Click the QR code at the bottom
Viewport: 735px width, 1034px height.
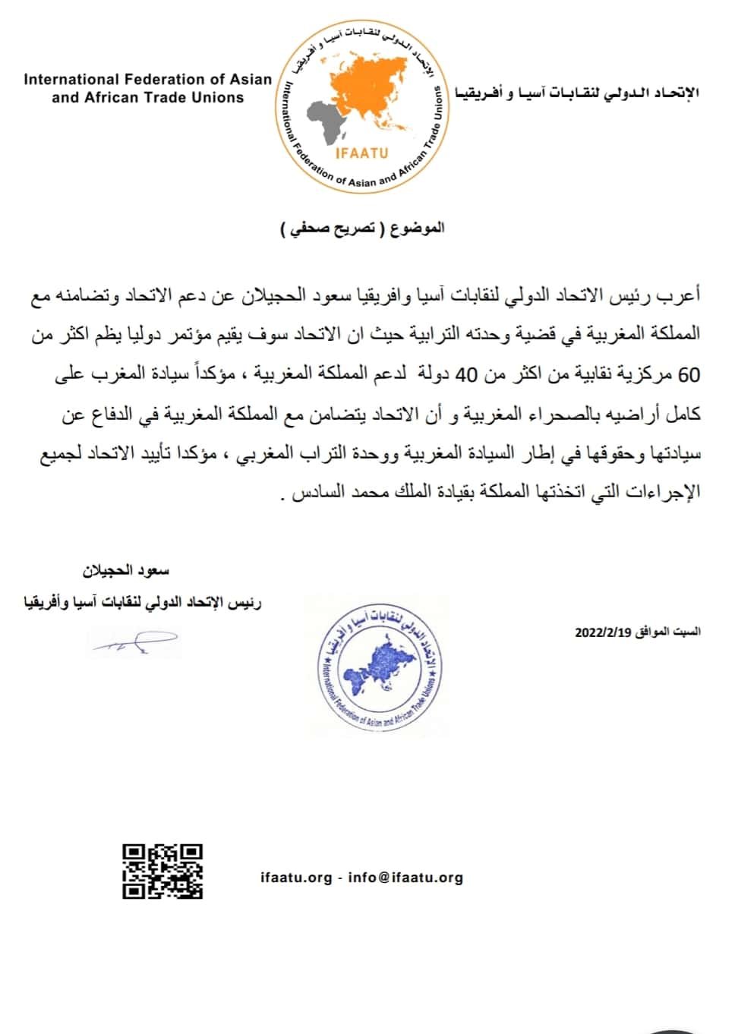[162, 871]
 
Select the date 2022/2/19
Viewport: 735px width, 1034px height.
[599, 632]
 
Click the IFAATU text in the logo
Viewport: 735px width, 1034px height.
[361, 153]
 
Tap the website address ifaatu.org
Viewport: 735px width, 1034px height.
[296, 878]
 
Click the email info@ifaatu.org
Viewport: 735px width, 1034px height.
[405, 878]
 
